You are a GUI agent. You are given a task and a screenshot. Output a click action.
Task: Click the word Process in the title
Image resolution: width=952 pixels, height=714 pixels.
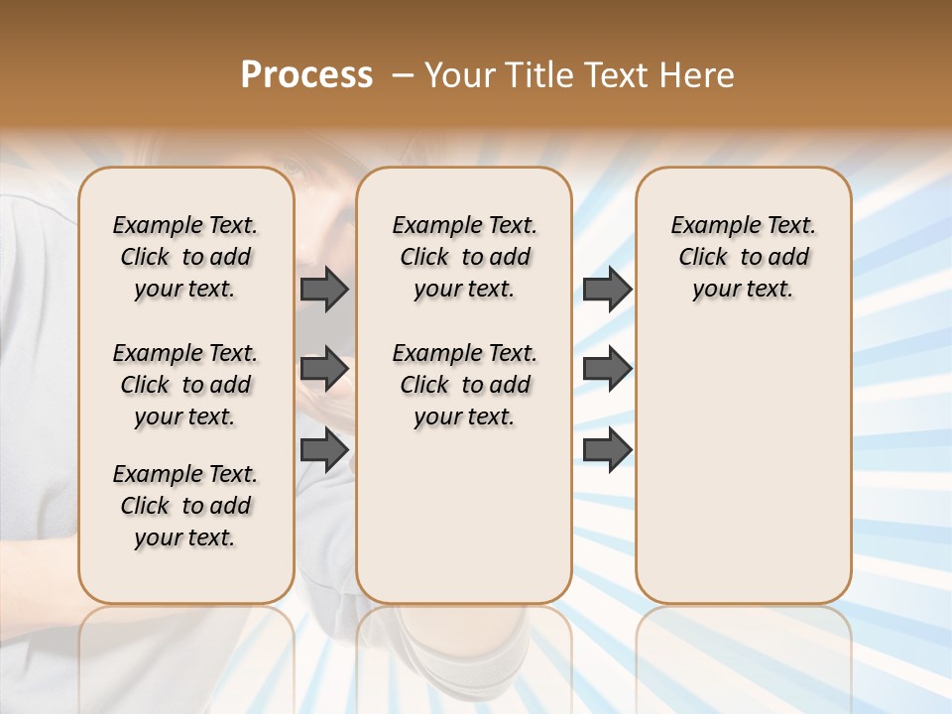tap(306, 75)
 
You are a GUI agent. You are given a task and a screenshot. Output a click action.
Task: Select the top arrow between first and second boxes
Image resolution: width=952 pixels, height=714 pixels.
tap(323, 290)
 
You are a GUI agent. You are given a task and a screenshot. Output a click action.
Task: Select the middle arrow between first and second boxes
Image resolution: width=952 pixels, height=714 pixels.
tap(323, 369)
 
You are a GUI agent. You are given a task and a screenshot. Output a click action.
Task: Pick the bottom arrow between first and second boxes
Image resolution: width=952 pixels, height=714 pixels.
tap(323, 449)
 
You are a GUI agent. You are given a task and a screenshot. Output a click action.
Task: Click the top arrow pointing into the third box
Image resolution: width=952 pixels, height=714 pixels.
tap(607, 290)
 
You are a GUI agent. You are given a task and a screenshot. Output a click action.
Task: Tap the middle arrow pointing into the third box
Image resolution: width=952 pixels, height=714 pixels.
tap(607, 369)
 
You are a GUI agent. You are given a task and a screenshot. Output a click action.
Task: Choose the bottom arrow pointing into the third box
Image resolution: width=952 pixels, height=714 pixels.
tap(607, 449)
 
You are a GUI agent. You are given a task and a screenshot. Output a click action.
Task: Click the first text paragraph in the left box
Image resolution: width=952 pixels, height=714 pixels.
tap(185, 257)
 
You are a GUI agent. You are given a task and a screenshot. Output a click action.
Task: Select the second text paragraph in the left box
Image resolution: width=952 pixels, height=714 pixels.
tap(185, 385)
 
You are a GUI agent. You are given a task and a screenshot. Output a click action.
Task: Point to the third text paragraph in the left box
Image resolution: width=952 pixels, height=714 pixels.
tap(185, 506)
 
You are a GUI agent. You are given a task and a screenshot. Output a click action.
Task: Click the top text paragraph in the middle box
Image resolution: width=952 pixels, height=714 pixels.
tap(464, 257)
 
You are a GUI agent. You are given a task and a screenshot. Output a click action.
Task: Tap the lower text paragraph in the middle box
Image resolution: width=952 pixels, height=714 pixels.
tap(464, 385)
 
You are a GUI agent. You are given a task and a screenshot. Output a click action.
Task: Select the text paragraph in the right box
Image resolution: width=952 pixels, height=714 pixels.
tap(743, 257)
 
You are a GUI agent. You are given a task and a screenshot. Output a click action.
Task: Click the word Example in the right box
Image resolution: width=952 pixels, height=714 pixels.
tap(708, 226)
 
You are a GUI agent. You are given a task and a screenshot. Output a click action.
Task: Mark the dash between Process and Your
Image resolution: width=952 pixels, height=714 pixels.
tap(402, 75)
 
